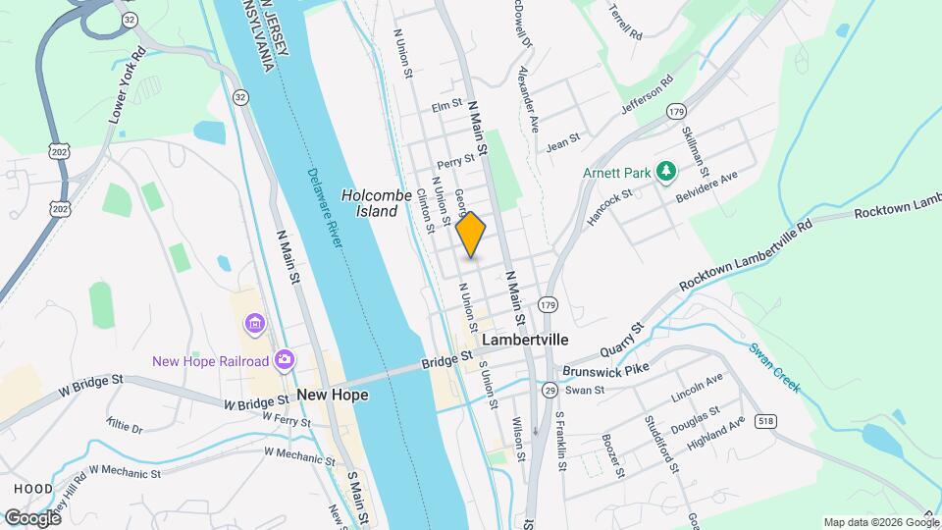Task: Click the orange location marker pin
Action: point(471,234)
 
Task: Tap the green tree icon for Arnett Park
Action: point(666,173)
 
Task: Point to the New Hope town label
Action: point(332,395)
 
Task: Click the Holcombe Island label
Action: point(370,203)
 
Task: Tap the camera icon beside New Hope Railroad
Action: point(284,361)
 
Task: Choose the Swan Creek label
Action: point(774,368)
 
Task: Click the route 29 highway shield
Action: point(550,391)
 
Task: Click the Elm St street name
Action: point(446,105)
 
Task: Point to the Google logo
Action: point(31,517)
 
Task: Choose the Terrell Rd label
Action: point(624,21)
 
